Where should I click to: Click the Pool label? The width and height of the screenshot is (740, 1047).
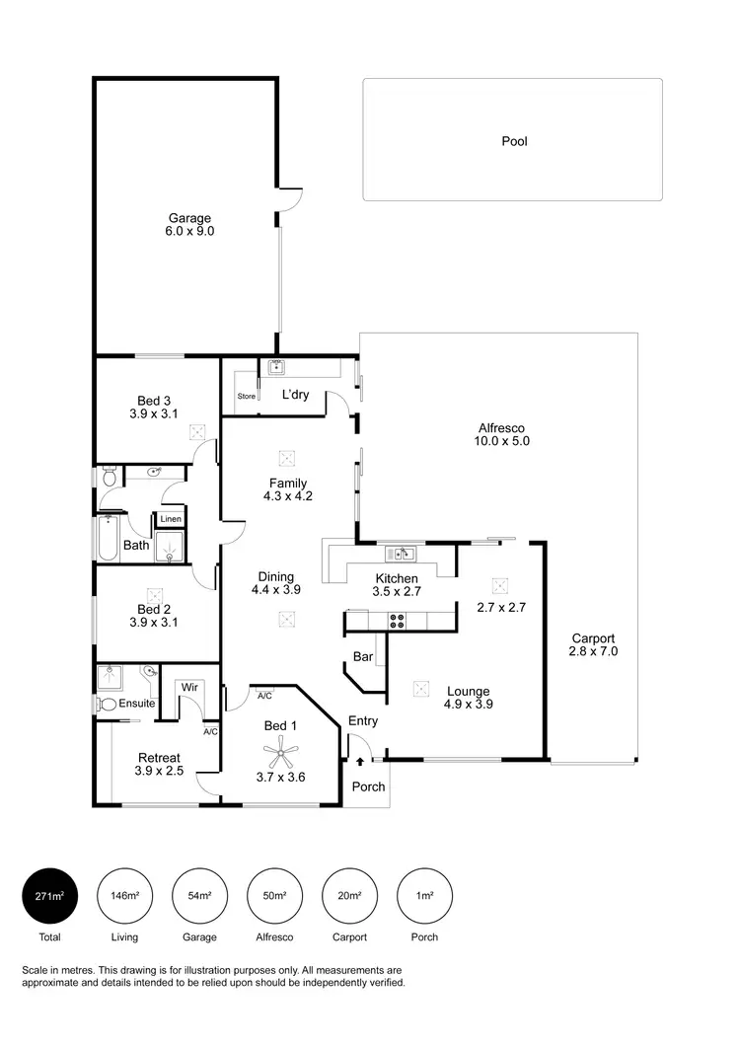point(514,141)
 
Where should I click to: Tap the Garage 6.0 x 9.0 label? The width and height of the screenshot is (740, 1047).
point(189,225)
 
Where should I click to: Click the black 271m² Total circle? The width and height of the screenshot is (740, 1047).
point(50,895)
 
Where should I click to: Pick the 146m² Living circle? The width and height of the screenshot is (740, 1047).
point(124,895)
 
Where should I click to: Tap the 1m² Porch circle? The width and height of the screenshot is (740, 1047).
point(423,895)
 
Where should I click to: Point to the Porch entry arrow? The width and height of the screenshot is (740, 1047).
point(360,761)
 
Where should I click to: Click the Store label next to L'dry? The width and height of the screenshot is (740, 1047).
point(246,397)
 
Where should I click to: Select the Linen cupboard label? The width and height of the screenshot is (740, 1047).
point(171,519)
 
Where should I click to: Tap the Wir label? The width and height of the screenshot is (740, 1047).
point(188,686)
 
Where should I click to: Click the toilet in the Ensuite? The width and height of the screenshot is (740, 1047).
point(106,705)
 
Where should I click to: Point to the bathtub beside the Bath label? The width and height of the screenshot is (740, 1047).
point(108,539)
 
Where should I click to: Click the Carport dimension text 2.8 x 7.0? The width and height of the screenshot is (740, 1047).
point(592,652)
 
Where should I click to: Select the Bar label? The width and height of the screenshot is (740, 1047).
point(362,656)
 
